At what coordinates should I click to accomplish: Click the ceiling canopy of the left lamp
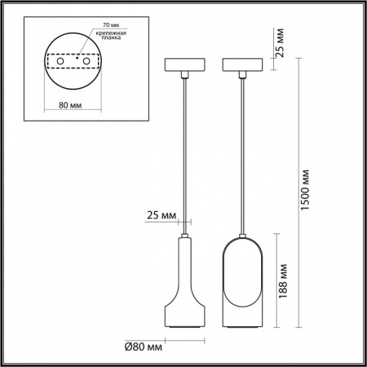(x=186, y=65)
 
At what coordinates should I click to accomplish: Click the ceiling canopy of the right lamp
(x=244, y=65)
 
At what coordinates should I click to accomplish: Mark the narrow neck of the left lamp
(x=186, y=253)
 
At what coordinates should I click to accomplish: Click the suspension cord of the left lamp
(x=186, y=155)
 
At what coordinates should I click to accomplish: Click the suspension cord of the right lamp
(x=244, y=155)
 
